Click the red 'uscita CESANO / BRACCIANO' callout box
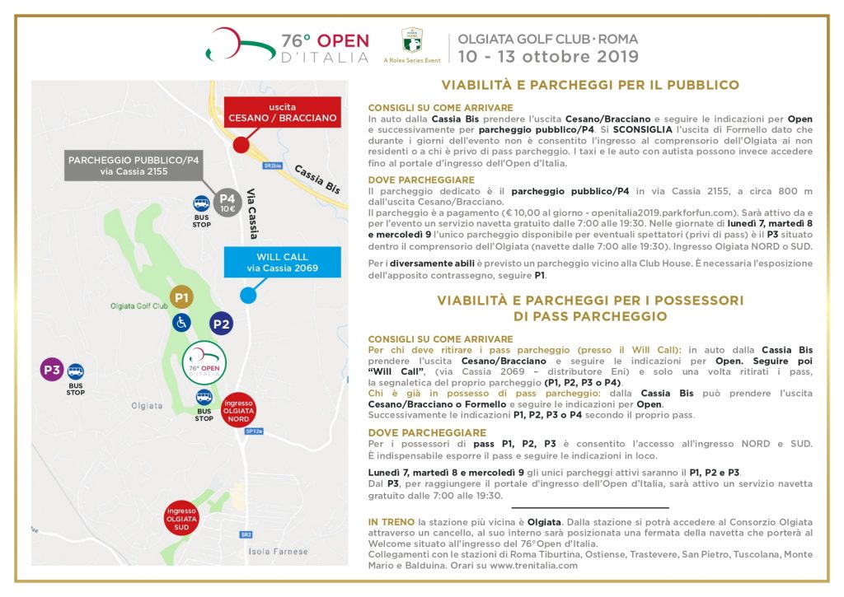click(x=283, y=113)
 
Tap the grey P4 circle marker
click(x=227, y=202)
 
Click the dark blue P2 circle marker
click(x=221, y=324)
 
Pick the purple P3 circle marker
click(x=52, y=370)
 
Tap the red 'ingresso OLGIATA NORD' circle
click(x=239, y=409)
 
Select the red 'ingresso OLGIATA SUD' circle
click(x=181, y=516)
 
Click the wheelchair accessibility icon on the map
click(x=181, y=324)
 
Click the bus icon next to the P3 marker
click(x=76, y=371)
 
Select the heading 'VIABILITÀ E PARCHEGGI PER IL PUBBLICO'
click(x=590, y=85)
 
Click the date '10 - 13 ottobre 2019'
click(x=549, y=57)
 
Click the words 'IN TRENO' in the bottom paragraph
click(x=392, y=522)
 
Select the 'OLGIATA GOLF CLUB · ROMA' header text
click(x=548, y=39)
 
